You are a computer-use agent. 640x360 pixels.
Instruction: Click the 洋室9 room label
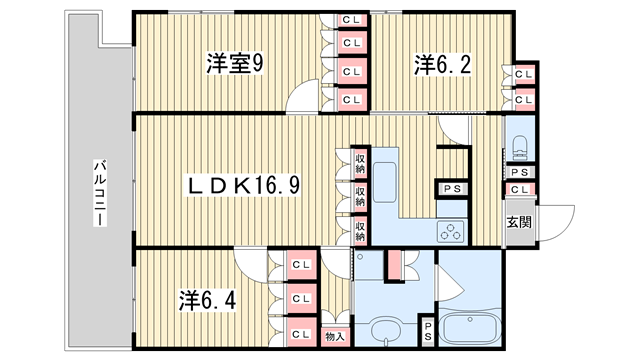pyautogui.click(x=235, y=64)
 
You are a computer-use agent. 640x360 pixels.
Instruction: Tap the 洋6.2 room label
pyautogui.click(x=442, y=65)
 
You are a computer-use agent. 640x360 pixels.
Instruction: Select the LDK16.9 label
pyautogui.click(x=244, y=186)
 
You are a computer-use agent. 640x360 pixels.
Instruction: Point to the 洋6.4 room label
pyautogui.click(x=207, y=301)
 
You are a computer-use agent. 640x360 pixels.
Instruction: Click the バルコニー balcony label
pyautogui.click(x=100, y=193)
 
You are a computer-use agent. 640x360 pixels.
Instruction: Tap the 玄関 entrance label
pyautogui.click(x=519, y=222)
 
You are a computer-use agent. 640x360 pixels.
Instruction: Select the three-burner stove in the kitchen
pyautogui.click(x=451, y=231)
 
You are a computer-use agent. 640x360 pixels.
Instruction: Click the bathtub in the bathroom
pyautogui.click(x=470, y=328)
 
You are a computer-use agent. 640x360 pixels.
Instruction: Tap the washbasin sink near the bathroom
pyautogui.click(x=386, y=329)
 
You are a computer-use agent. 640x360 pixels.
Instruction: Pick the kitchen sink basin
pyautogui.click(x=384, y=182)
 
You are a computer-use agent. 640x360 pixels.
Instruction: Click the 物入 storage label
pyautogui.click(x=335, y=337)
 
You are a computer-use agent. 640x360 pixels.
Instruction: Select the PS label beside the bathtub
pyautogui.click(x=428, y=331)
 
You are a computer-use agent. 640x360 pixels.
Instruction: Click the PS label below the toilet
pyautogui.click(x=520, y=172)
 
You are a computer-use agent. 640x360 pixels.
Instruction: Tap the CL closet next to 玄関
pyautogui.click(x=520, y=189)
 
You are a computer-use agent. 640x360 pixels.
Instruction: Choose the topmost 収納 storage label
pyautogui.click(x=360, y=163)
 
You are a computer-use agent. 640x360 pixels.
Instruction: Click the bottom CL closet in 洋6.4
pyautogui.click(x=302, y=334)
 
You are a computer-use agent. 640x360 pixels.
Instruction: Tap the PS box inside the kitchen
pyautogui.click(x=452, y=189)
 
